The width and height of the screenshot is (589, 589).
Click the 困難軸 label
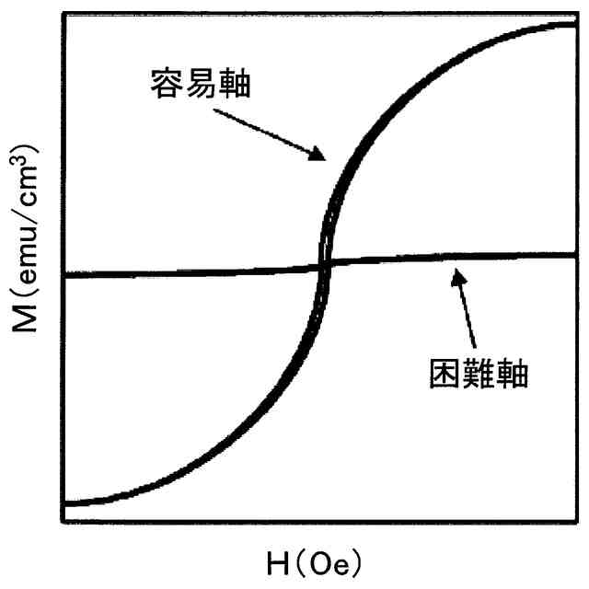point(479,373)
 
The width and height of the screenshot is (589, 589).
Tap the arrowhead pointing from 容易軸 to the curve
point(320,156)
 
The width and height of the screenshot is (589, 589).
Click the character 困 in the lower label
point(444,373)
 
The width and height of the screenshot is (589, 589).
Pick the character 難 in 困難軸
point(479,373)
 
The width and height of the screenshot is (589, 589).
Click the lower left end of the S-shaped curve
point(64,503)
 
